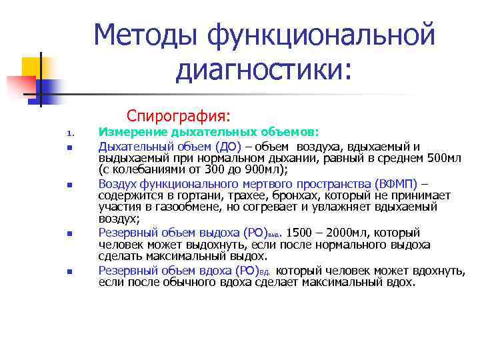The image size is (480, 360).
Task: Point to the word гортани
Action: click(x=184, y=195)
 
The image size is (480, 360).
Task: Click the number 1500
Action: click(x=299, y=233)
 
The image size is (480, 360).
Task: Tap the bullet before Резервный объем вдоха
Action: click(x=68, y=271)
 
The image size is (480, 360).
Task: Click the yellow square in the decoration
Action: click(x=33, y=67)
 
